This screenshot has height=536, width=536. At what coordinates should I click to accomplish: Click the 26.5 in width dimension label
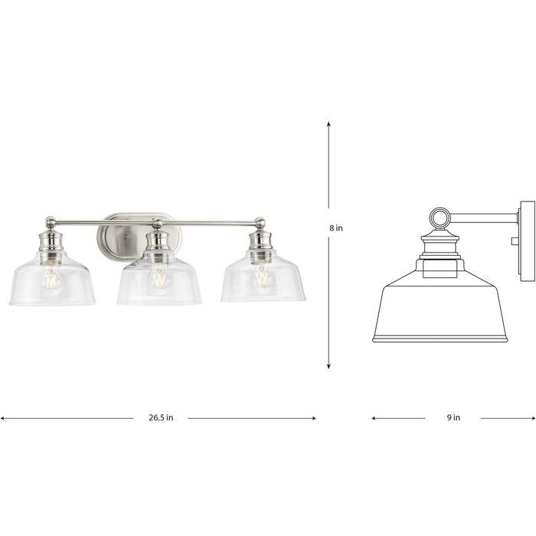tap(160, 418)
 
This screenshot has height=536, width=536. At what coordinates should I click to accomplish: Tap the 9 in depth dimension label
tap(453, 418)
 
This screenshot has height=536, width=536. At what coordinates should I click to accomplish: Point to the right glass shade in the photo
tap(263, 282)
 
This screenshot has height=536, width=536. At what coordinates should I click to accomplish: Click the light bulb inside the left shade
tap(51, 279)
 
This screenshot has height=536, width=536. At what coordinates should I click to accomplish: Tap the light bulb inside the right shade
tap(263, 278)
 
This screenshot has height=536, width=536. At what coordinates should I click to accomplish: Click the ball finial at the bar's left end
tap(51, 222)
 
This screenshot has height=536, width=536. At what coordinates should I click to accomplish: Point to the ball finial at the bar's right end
tap(260, 222)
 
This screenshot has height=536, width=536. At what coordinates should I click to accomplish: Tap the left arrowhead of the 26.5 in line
tap(3, 418)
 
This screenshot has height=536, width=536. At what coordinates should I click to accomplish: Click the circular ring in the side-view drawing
tap(440, 218)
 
